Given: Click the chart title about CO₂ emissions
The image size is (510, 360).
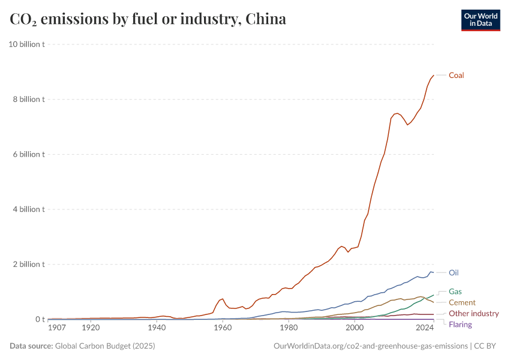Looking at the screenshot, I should (148, 19).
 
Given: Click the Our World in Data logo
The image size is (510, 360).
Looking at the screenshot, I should (480, 20).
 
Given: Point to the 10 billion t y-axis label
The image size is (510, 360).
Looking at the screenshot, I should (26, 44).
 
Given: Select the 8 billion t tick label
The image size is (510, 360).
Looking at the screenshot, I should (29, 100).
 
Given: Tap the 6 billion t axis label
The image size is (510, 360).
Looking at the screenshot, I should (29, 154).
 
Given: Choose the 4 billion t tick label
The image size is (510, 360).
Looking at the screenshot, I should (29, 209).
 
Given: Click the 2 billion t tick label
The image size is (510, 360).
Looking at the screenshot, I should (29, 265).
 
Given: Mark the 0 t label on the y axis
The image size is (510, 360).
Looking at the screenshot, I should (40, 319).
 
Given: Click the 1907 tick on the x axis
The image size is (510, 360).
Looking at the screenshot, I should (57, 328).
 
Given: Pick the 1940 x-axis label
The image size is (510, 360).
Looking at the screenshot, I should (157, 328).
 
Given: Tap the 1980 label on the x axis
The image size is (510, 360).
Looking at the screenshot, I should (289, 328).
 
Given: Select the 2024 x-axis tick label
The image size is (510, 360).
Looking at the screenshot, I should (424, 328).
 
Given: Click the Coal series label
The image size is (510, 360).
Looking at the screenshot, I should (456, 75).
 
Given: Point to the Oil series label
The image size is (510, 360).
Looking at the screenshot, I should (454, 272).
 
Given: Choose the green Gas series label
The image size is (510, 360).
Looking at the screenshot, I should (455, 292).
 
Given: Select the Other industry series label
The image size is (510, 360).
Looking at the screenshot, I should (473, 314).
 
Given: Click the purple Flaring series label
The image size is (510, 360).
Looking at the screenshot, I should (460, 325).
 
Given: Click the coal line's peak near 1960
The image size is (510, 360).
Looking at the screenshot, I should (223, 298).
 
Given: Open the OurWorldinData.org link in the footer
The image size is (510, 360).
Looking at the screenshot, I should (370, 346).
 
